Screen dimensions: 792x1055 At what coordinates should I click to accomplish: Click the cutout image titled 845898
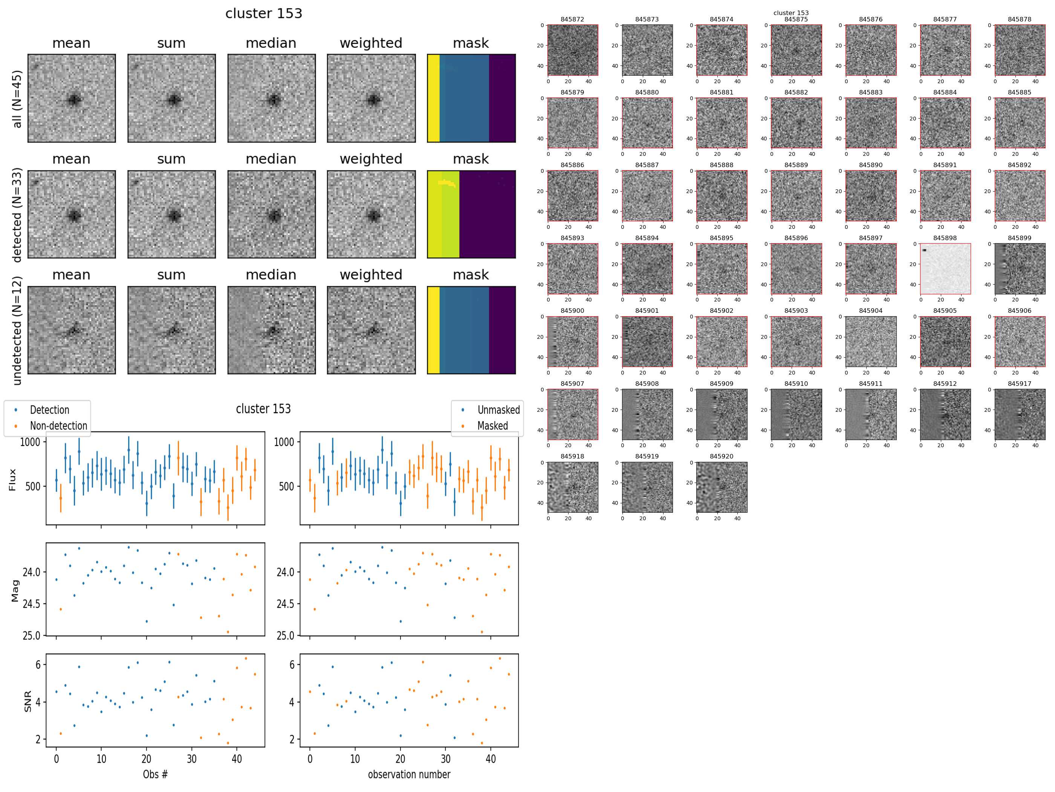[x=945, y=269]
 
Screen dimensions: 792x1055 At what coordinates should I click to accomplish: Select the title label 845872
[x=572, y=20]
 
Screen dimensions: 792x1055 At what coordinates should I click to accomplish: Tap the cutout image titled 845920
[x=721, y=487]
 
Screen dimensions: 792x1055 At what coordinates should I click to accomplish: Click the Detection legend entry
[x=49, y=410]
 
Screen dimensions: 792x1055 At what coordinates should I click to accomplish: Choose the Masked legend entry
[x=492, y=425]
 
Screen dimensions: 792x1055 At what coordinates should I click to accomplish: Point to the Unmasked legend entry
[x=498, y=410]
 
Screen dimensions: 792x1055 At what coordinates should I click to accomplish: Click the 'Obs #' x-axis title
[x=155, y=774]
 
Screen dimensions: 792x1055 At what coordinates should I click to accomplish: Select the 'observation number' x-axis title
[x=409, y=774]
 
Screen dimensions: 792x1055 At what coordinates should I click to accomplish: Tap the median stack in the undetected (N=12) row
[x=271, y=330]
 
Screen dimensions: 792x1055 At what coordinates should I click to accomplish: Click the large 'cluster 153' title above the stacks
[x=264, y=13]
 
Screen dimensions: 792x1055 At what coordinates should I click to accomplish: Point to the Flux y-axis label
[x=12, y=480]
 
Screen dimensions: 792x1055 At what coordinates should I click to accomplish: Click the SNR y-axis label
[x=28, y=701]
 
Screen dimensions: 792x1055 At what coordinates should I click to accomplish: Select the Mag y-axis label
[x=15, y=591]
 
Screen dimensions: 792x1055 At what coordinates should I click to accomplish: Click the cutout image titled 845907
[x=572, y=414]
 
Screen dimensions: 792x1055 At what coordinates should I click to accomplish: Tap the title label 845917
[x=1019, y=384]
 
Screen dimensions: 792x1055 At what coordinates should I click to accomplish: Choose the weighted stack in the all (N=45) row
[x=371, y=98]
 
